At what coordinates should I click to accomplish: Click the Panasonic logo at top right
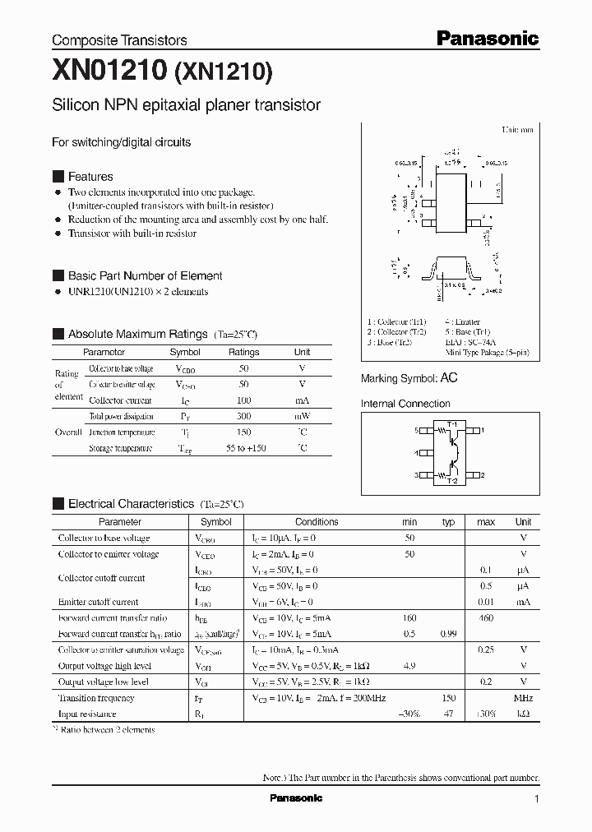[487, 38]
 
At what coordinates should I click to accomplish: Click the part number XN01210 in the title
[109, 72]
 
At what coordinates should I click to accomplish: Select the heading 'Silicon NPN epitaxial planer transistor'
[186, 105]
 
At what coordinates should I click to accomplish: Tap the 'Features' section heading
[90, 177]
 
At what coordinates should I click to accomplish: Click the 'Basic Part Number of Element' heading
[145, 276]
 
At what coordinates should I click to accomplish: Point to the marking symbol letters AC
[449, 378]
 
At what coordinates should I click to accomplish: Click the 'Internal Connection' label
[405, 404]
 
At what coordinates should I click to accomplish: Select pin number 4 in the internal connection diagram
[417, 453]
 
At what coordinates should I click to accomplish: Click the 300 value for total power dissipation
[243, 417]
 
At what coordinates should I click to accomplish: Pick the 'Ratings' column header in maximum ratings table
[243, 352]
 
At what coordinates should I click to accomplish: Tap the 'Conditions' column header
[317, 522]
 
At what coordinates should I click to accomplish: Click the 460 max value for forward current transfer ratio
[485, 618]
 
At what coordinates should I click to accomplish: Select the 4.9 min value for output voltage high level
[409, 666]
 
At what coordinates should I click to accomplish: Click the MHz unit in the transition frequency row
[523, 698]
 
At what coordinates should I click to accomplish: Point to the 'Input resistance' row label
[87, 714]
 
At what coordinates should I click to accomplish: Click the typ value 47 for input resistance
[448, 714]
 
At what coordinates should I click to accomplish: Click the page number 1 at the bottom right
[537, 799]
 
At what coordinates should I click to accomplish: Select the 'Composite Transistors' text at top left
[119, 40]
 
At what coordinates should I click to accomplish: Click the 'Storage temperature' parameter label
[121, 448]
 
